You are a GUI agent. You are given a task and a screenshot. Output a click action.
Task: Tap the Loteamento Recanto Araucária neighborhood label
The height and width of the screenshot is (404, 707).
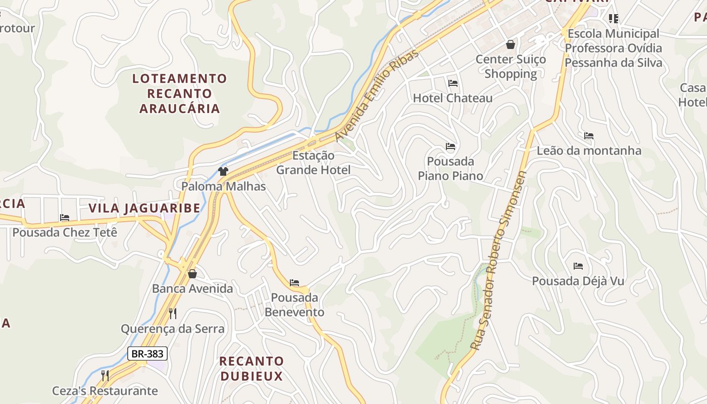point(179,93)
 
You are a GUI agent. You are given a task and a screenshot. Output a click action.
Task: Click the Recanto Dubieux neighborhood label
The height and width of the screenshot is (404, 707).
point(251,369)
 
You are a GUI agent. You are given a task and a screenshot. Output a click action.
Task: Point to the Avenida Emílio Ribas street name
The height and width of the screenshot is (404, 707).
point(377,96)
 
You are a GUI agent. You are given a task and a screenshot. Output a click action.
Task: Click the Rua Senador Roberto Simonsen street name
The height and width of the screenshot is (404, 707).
point(498,260)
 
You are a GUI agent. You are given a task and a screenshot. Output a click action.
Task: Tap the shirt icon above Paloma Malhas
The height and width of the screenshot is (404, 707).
point(223,171)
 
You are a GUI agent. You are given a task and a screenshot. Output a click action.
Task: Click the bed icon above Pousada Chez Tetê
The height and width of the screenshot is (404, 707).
point(65,218)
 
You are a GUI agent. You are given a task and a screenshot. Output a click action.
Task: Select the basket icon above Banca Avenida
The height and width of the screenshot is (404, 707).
point(192,274)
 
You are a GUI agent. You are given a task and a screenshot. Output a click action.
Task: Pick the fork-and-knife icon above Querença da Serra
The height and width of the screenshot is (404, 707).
point(173,314)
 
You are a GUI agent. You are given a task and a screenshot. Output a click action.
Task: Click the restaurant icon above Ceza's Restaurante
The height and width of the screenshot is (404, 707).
point(105,375)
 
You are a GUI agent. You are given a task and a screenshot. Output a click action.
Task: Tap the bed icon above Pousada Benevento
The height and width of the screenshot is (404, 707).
point(294,283)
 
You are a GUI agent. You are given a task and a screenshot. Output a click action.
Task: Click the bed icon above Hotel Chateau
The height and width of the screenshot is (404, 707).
point(453,83)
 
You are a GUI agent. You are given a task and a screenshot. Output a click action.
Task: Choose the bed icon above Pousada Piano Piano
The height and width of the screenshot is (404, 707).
point(450,147)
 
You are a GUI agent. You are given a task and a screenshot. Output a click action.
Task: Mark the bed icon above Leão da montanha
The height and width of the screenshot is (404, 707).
point(589,136)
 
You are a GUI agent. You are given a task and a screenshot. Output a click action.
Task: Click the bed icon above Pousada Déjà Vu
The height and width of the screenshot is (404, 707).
point(578,266)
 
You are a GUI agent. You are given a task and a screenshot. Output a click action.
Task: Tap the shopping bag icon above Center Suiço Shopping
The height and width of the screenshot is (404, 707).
point(511,44)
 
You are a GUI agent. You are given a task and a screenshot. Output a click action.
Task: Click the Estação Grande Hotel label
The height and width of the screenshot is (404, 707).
point(313,163)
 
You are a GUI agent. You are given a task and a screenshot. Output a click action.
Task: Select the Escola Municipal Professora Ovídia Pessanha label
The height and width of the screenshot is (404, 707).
point(614,48)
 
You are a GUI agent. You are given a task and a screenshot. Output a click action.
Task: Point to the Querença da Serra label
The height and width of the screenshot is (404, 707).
point(172,329)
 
